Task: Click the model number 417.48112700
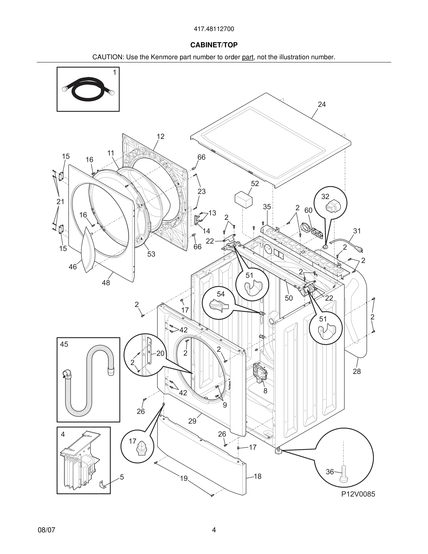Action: (214, 29)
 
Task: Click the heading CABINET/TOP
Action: (214, 45)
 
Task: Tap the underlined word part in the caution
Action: (248, 57)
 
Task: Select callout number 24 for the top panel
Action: (321, 104)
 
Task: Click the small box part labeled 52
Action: (244, 200)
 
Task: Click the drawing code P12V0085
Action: (358, 494)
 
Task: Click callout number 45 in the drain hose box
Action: (64, 344)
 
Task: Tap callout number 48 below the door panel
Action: (106, 283)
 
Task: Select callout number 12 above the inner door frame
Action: (160, 136)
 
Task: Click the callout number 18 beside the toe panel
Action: (257, 476)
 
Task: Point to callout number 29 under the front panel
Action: (192, 421)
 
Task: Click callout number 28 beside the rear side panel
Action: (356, 371)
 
